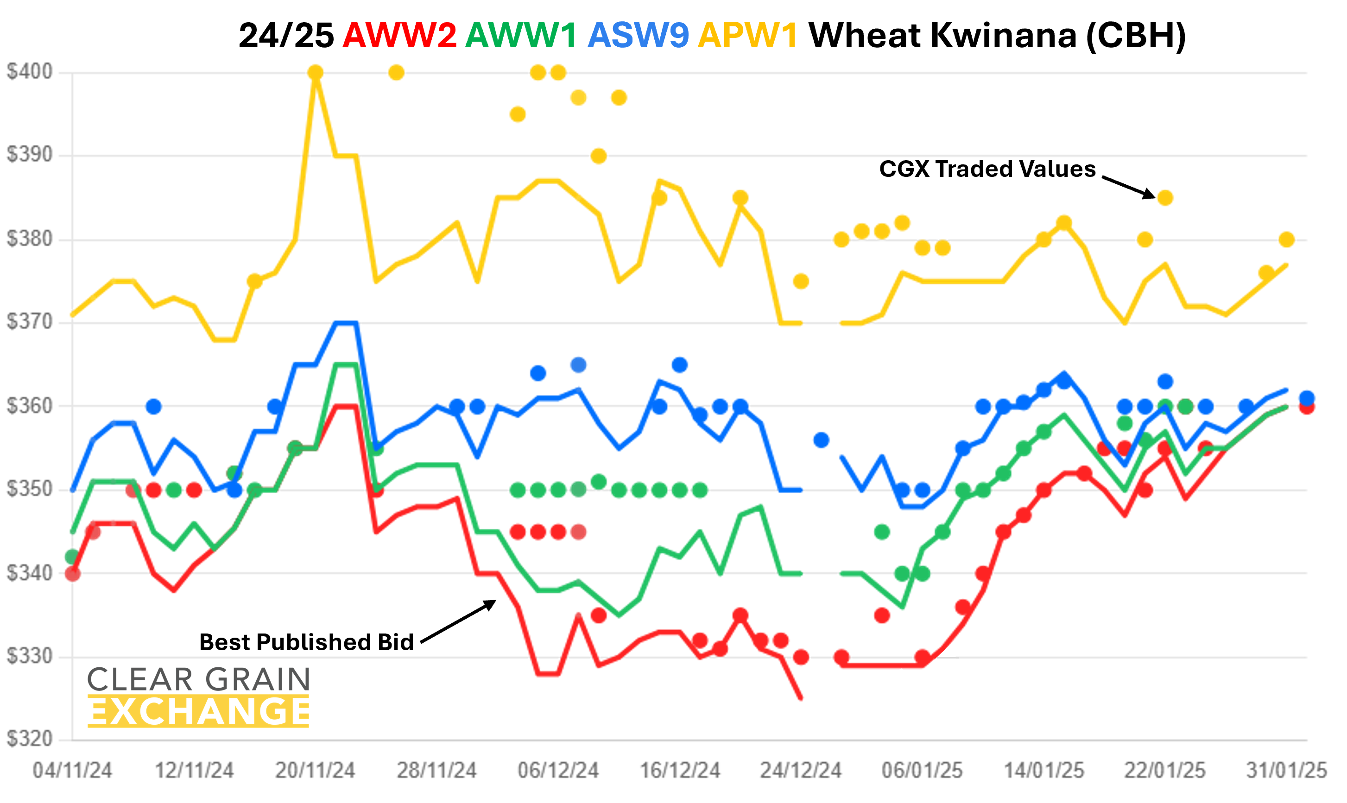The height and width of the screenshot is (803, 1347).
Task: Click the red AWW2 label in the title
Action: (x=399, y=36)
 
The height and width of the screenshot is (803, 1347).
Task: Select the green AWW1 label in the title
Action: (x=521, y=36)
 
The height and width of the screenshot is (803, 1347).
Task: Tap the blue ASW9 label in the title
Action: (x=639, y=36)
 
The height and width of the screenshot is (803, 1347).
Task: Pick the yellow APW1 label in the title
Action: (x=748, y=36)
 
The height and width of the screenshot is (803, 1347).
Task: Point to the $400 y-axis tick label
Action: (x=30, y=72)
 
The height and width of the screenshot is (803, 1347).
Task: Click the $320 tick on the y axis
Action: (x=30, y=739)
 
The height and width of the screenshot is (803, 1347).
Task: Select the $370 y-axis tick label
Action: (x=30, y=322)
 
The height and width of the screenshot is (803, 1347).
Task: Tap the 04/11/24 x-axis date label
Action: (x=73, y=771)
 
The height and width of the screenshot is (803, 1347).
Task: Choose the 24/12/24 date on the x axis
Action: (x=801, y=771)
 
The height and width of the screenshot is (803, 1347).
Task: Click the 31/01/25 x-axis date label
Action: (x=1286, y=771)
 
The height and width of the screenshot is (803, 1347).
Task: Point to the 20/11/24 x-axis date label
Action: (x=315, y=771)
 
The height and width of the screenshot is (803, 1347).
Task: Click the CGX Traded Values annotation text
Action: (x=987, y=169)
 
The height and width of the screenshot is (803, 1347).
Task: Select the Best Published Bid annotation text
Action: (x=306, y=642)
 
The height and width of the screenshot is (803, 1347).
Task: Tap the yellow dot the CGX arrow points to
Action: (x=1165, y=198)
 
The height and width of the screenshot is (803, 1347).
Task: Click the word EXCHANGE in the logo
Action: (x=199, y=712)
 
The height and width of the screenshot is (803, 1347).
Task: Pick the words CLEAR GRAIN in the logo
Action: (x=199, y=680)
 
